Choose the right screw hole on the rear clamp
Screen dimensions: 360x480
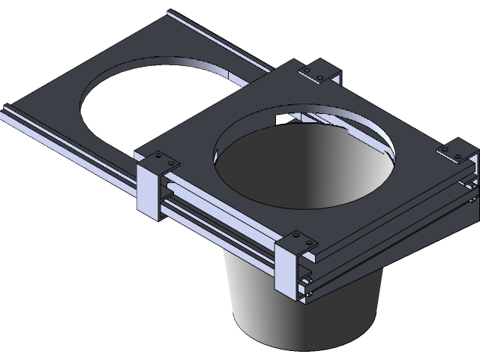point(321,77)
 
